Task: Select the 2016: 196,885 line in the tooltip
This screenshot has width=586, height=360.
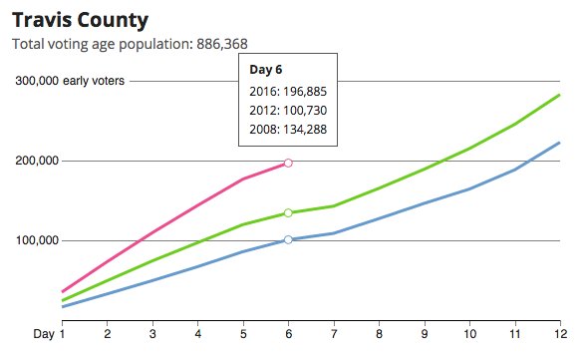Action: (x=288, y=91)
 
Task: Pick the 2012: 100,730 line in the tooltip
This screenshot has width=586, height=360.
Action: (x=288, y=110)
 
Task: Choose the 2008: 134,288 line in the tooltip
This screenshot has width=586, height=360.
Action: (x=288, y=129)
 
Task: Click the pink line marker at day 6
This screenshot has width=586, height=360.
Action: (x=288, y=163)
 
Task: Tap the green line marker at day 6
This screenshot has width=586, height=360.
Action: (x=288, y=212)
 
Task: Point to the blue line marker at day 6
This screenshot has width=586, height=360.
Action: (x=288, y=239)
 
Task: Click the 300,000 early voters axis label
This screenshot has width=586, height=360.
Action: (x=70, y=81)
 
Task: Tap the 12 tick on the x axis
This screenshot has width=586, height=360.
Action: (x=560, y=333)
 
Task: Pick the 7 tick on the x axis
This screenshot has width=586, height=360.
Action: (x=334, y=333)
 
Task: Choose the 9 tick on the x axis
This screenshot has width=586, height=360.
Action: (x=425, y=333)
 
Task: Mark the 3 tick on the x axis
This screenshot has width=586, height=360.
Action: (x=152, y=333)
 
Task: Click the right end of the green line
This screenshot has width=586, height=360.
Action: (x=560, y=95)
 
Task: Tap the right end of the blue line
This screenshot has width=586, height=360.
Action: (x=560, y=143)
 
